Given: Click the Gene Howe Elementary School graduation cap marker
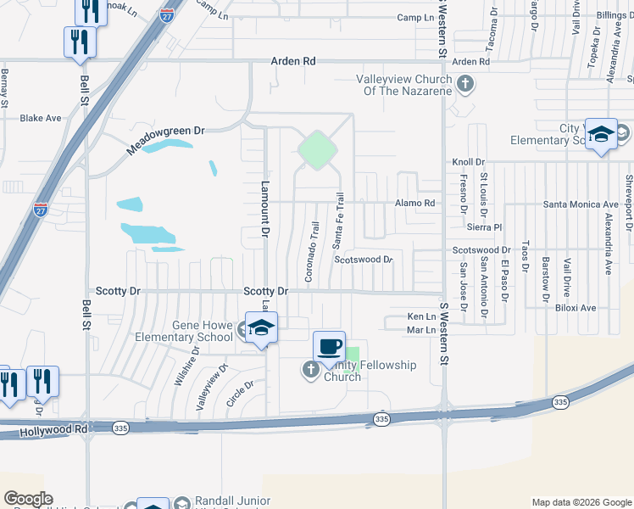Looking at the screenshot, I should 262,327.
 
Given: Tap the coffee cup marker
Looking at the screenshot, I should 329,346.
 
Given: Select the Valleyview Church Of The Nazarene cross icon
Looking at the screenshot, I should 464,83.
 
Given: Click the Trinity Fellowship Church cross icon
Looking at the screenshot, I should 311,369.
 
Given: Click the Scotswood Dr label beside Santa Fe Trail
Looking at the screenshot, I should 363,260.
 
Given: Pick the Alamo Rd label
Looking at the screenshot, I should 415,204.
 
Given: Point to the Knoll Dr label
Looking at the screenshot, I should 468,161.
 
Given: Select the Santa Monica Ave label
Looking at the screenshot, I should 581,204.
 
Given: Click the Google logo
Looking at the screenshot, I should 28,499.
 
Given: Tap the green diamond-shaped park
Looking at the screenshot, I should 317,150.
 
